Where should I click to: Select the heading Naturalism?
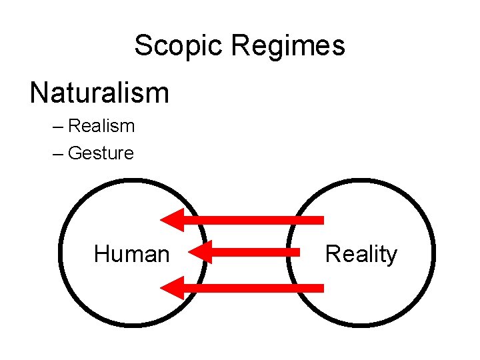tap(99, 93)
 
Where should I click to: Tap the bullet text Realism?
tap(101, 126)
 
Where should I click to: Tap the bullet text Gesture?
tap(101, 153)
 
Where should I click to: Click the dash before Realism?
tap(57, 127)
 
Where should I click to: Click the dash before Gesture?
tap(57, 154)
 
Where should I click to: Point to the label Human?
tap(131, 254)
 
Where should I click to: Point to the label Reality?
tap(361, 254)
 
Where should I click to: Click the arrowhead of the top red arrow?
tap(172, 219)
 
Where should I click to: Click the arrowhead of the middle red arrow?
tap(199, 253)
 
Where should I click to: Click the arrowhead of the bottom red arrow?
tap(172, 288)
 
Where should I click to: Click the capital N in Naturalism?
tap(39, 93)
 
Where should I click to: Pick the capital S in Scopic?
tap(143, 46)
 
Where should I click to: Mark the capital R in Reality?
tap(332, 254)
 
